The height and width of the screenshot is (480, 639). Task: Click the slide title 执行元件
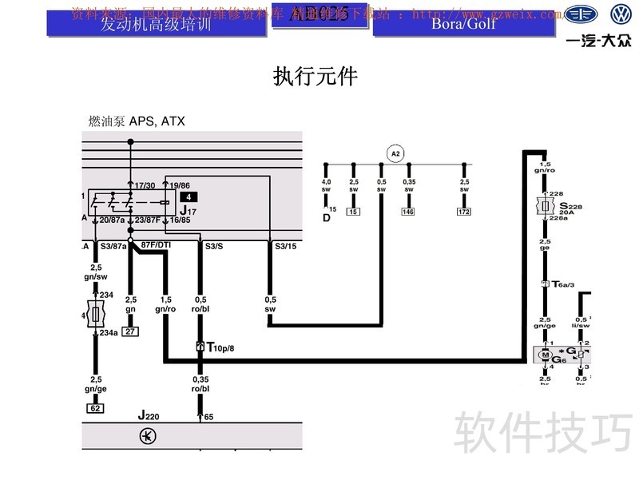point(316,77)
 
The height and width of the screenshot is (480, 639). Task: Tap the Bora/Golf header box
point(463,22)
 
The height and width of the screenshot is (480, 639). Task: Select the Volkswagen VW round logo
point(621,15)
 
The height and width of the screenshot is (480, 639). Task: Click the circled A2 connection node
point(394,153)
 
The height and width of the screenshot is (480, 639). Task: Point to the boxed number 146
point(409,212)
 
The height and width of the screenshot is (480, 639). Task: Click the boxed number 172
point(464,212)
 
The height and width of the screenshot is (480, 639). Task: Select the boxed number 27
point(130,331)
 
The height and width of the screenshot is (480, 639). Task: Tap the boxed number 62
point(95,408)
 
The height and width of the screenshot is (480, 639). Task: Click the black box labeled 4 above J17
point(187,196)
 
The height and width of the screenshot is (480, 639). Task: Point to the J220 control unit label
point(147,415)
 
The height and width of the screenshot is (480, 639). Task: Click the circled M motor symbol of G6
point(545,354)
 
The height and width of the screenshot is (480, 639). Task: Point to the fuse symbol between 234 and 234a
point(95,314)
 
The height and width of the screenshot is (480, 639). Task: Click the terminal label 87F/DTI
point(156,244)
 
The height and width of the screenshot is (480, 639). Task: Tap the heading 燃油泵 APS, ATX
point(137,121)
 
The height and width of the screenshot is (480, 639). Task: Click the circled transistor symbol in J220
point(147,436)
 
